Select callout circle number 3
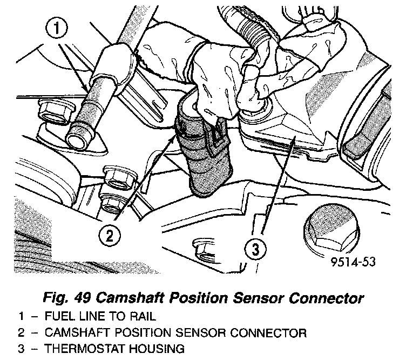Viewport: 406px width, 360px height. (255, 250)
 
